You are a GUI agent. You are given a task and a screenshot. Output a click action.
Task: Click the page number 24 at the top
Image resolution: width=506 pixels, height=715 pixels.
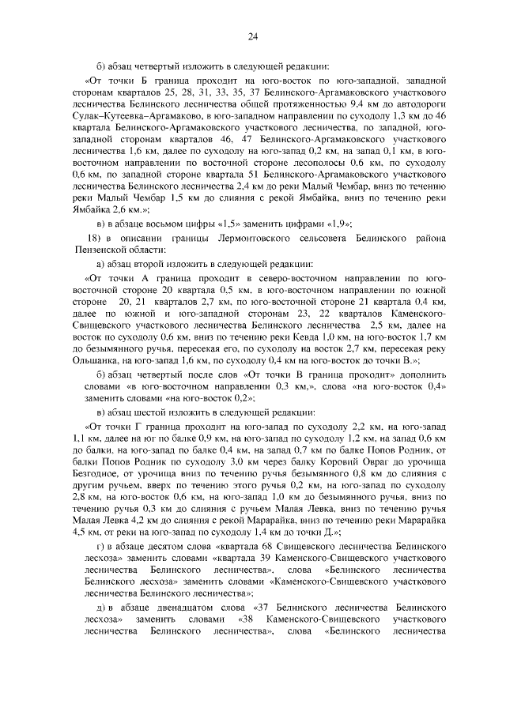(x=252, y=36)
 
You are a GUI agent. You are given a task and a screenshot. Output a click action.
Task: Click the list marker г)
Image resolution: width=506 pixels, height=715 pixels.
(x=100, y=566)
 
